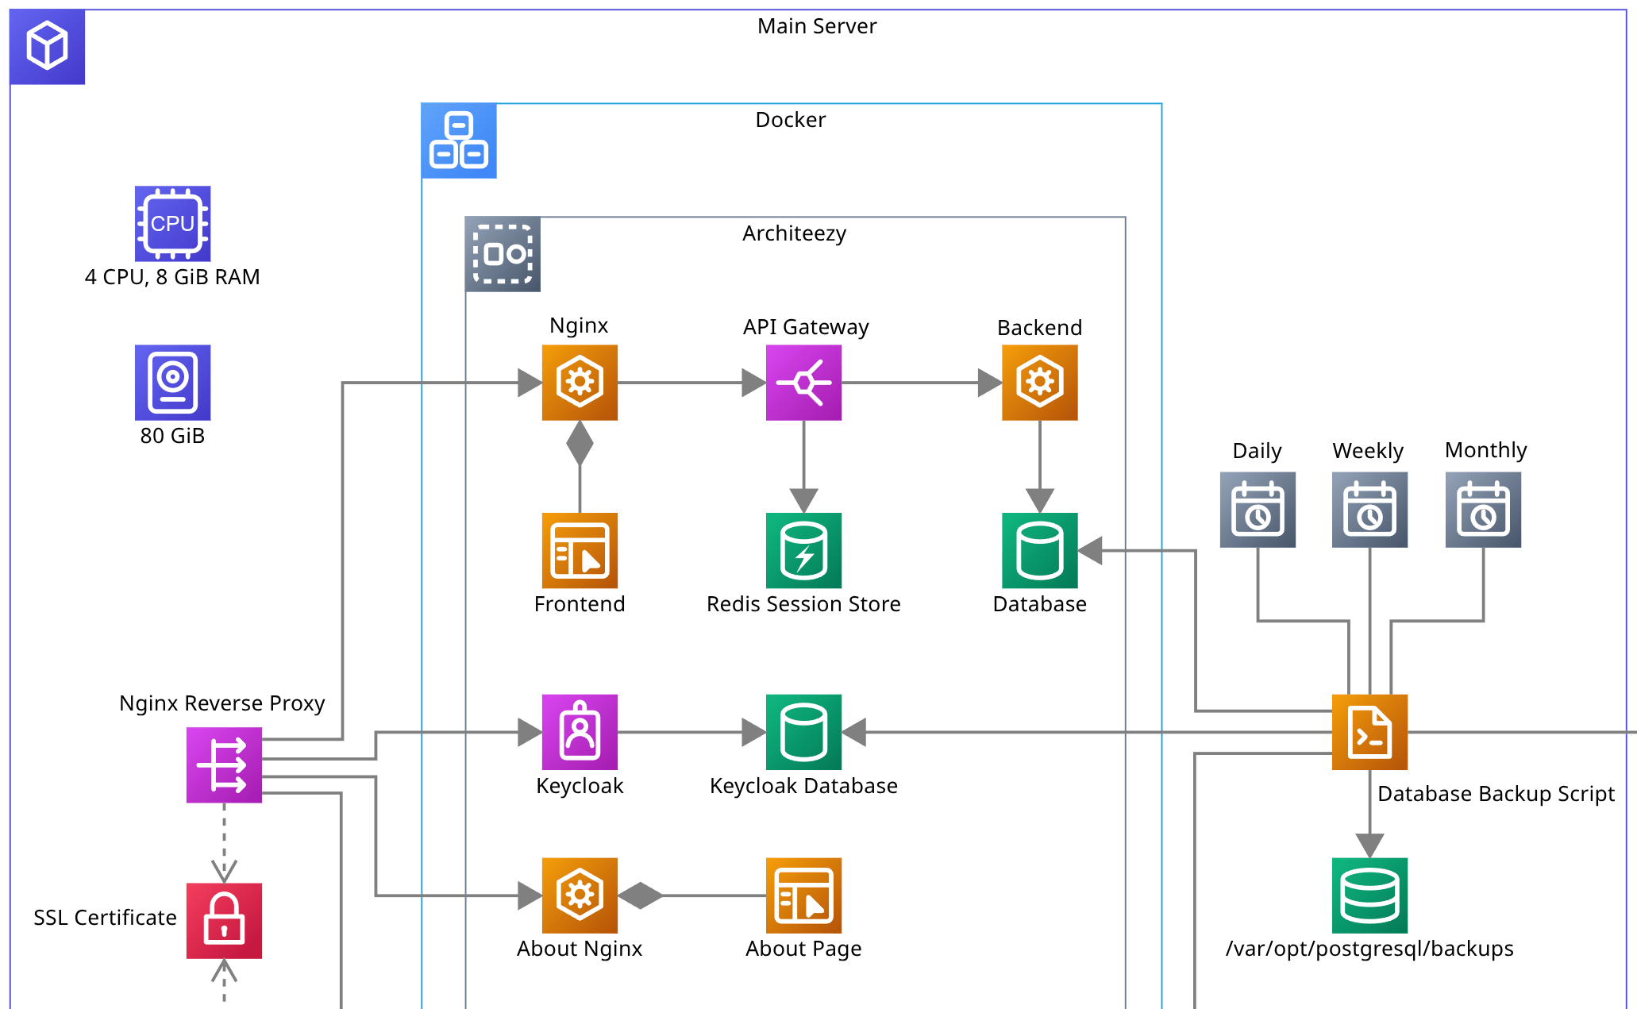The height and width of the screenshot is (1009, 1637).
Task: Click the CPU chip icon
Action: point(172,224)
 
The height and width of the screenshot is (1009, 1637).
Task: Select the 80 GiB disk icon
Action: point(172,382)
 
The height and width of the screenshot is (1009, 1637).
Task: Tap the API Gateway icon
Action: point(803,382)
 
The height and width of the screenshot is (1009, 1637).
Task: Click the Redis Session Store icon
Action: point(803,550)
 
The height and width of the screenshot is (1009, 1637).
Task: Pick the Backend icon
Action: point(1039,382)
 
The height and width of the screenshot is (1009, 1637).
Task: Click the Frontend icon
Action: point(580,550)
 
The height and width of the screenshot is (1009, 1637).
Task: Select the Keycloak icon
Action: point(580,732)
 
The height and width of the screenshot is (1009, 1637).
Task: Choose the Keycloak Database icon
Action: point(803,732)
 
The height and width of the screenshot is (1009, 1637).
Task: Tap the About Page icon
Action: point(803,895)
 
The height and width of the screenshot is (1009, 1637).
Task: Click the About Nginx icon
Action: point(580,895)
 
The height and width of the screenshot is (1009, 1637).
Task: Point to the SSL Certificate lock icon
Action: point(224,920)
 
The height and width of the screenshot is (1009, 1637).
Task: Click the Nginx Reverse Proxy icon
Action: point(224,765)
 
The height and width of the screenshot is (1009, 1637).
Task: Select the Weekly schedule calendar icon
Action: point(1369,510)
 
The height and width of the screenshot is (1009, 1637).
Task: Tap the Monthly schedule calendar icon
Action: point(1483,510)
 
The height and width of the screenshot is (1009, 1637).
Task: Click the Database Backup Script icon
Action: point(1369,732)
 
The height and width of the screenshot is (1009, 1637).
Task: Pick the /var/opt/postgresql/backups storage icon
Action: point(1369,895)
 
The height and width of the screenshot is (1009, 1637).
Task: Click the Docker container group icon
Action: point(459,141)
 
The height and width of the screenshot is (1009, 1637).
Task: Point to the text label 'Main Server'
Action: point(817,26)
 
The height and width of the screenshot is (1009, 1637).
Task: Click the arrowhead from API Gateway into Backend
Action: point(989,383)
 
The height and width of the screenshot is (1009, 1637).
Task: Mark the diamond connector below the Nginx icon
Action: point(580,443)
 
